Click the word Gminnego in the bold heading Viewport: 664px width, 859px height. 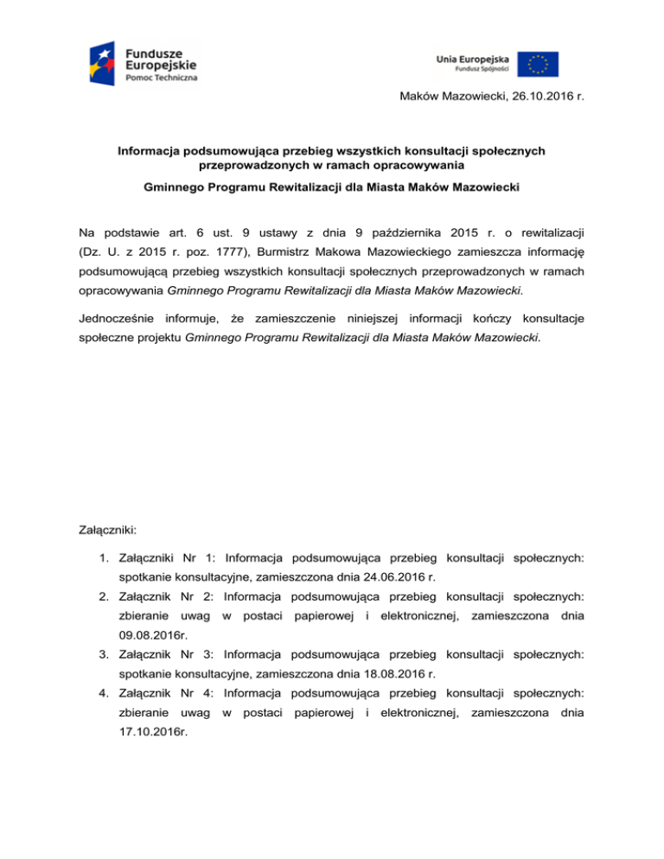click(x=179, y=188)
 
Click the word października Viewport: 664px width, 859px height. click(x=392, y=232)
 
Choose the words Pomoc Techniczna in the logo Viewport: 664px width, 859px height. click(x=162, y=78)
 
